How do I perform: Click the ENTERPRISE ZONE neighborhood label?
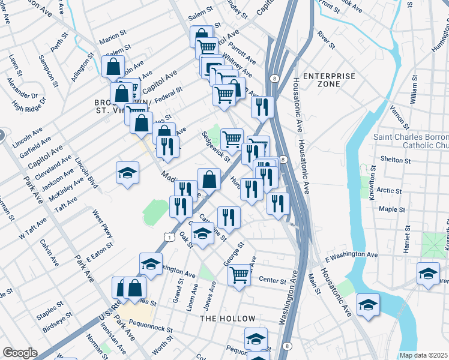[328, 80]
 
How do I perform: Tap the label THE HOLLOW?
[228, 319]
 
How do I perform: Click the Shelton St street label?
[396, 160]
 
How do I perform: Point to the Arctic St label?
[390, 190]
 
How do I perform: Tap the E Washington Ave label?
[351, 256]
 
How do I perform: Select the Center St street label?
[271, 280]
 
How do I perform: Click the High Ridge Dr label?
[28, 106]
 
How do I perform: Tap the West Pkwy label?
[102, 223]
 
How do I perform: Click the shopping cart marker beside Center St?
[240, 275]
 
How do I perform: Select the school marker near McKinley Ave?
[127, 173]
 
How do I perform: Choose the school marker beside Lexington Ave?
[151, 263]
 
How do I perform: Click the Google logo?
[20, 353]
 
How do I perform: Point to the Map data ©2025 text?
[424, 355]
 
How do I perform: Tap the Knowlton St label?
[372, 179]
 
